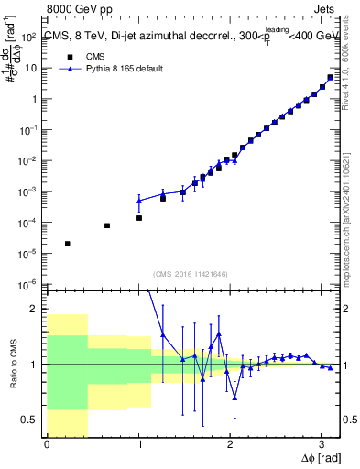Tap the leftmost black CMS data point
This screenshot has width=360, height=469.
click(68, 244)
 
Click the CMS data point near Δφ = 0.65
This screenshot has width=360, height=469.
click(107, 225)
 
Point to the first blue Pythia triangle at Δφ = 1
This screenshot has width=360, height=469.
click(139, 200)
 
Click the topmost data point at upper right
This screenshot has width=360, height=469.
click(330, 77)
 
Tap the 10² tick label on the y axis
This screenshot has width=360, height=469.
click(29, 37)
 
